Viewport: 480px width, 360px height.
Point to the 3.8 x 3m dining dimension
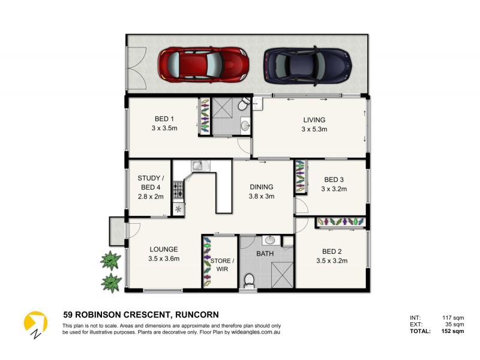[x=262, y=196]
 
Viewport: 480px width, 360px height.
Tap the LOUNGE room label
[x=163, y=249]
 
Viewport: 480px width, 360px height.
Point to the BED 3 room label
[x=334, y=179]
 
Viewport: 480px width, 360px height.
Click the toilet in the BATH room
[x=250, y=280]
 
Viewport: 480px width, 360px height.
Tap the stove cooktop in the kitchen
[x=178, y=190]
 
